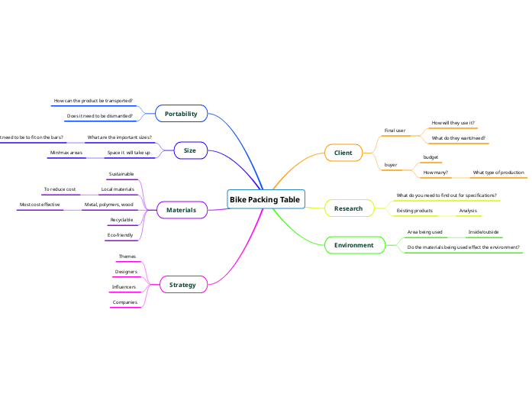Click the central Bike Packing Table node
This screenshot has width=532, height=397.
266,199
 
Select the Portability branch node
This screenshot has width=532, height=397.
181,114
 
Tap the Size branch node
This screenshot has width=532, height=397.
190,151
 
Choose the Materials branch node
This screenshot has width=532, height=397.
181,209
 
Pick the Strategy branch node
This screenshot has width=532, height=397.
182,285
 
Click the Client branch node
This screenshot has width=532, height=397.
343,153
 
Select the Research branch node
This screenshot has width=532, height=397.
348,208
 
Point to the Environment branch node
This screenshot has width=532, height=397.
353,245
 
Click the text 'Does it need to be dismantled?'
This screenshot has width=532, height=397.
99,116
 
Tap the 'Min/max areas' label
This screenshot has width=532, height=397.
66,153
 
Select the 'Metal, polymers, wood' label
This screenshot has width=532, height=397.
108,205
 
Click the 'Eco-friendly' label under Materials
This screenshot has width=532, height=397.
121,235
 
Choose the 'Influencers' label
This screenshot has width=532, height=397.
124,287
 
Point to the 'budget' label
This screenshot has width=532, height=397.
430,157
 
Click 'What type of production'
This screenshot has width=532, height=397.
498,173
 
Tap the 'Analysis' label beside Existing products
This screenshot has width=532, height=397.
468,210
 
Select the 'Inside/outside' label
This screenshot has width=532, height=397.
483,232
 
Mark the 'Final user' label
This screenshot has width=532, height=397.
395,131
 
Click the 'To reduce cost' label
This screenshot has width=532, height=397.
60,189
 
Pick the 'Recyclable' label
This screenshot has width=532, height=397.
121,220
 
